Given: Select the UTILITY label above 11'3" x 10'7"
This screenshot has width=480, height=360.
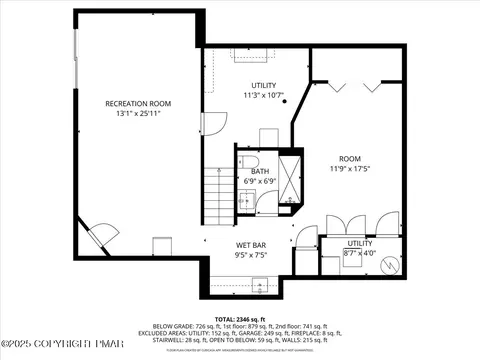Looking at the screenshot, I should (x=264, y=86).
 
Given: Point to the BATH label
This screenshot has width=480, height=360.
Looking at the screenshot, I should (x=260, y=171).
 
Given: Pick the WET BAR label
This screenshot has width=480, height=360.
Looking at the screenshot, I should (x=250, y=245).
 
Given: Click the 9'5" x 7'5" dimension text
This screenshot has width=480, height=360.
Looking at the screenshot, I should (x=250, y=255).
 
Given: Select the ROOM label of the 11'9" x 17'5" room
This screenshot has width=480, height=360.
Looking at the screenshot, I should (x=349, y=158).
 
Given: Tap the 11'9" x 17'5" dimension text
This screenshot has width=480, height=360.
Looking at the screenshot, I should (x=349, y=168).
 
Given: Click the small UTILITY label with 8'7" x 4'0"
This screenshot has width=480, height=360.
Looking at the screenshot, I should (x=359, y=243).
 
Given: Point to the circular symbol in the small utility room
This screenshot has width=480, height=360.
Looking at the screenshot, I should (x=391, y=267).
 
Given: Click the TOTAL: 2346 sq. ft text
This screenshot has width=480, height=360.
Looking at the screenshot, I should (x=239, y=317).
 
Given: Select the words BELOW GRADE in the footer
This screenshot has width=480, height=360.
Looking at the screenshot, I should (x=169, y=326).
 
